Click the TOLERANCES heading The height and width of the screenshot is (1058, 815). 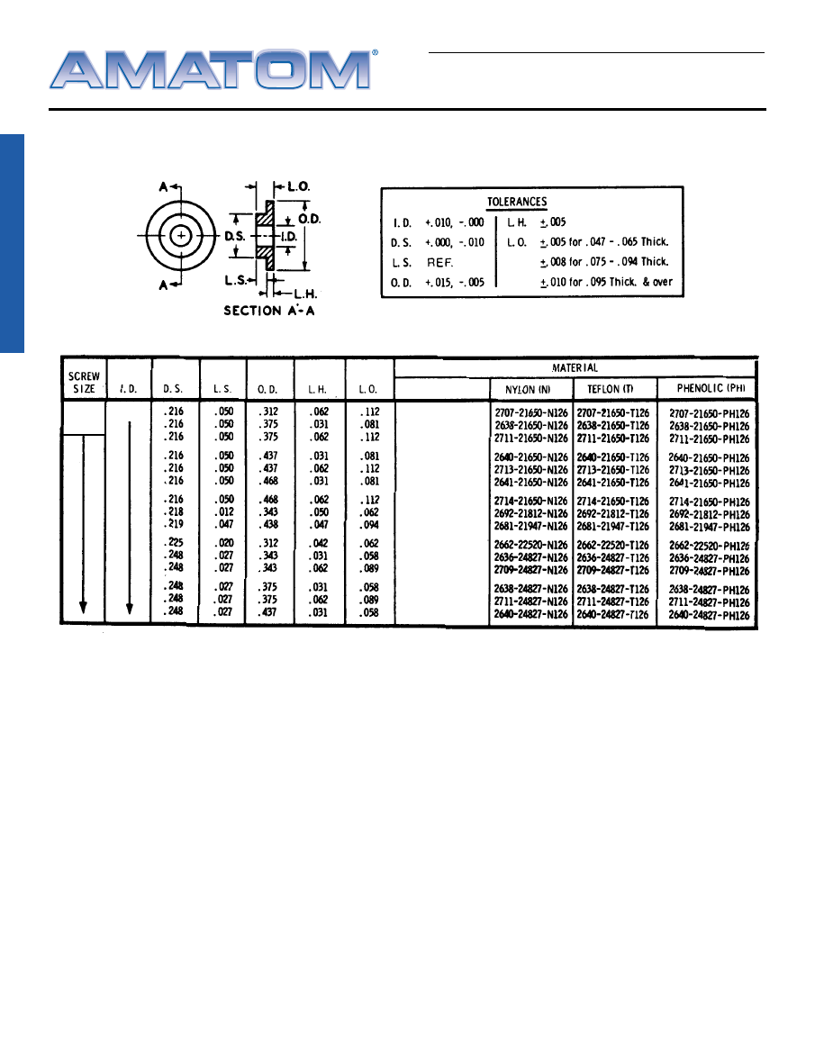coord(517,202)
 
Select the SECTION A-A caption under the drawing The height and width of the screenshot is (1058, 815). coord(268,311)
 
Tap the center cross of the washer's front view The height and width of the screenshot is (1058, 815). coord(182,235)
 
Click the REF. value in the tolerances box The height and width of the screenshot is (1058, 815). coord(441,263)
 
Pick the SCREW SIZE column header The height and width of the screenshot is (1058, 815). coord(84,382)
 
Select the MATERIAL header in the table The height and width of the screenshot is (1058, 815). coord(575,367)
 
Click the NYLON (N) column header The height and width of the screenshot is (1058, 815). coord(530,389)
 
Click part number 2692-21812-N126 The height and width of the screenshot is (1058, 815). coord(530,513)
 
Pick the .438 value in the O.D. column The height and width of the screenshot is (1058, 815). coord(270,525)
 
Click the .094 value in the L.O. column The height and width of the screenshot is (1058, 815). coord(369,525)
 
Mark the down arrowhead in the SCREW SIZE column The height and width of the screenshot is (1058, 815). coord(83,608)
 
